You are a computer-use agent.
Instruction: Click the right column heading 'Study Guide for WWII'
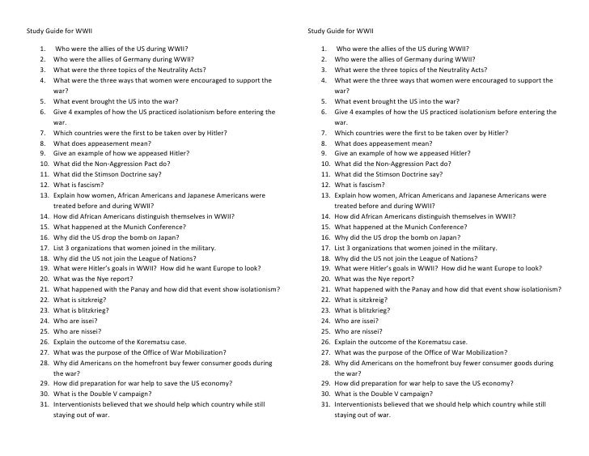tap(341, 32)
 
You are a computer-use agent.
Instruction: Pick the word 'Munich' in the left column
tap(133, 227)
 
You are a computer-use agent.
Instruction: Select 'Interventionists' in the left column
tap(80, 404)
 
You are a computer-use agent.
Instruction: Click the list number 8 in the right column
tap(323, 143)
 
